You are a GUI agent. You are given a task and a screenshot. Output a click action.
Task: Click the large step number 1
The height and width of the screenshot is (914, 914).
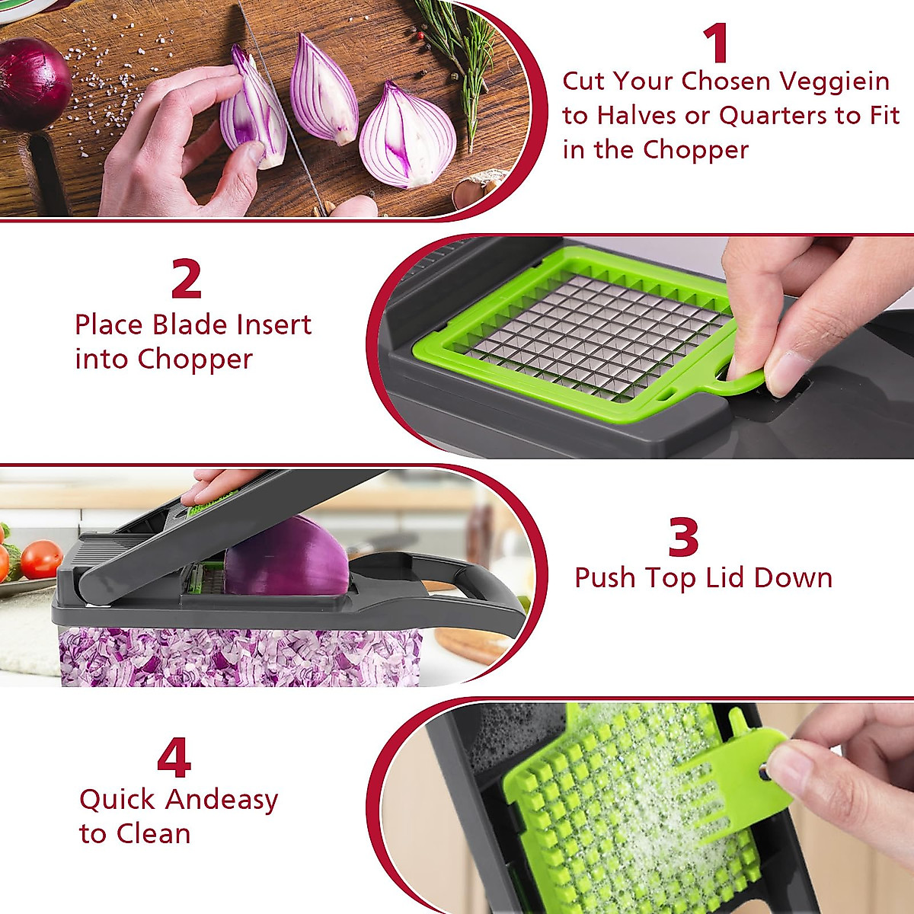pos(717,43)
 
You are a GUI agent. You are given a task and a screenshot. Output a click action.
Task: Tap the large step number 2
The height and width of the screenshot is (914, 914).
pos(187,280)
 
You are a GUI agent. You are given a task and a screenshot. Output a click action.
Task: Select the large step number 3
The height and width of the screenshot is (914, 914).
pos(683,538)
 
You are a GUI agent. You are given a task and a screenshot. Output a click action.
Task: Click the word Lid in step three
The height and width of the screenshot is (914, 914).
pos(724,578)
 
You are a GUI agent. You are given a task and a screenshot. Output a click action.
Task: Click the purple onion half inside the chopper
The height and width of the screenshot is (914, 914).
pos(286,560)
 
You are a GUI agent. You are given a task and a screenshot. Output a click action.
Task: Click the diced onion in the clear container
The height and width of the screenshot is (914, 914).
pos(236,657)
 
